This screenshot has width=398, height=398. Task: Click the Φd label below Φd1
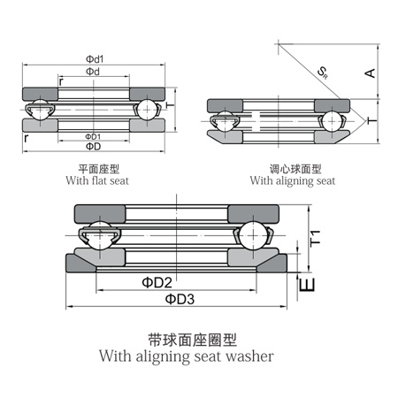point(92,71)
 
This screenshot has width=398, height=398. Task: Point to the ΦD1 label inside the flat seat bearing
point(92,137)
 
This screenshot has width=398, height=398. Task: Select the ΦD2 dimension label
point(157,282)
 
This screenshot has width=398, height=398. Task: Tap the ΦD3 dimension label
point(180,299)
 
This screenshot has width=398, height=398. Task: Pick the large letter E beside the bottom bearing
point(307,285)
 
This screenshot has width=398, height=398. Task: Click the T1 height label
point(316,236)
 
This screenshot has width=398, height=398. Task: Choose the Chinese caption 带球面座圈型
point(194,339)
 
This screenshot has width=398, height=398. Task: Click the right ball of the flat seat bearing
point(146,111)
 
